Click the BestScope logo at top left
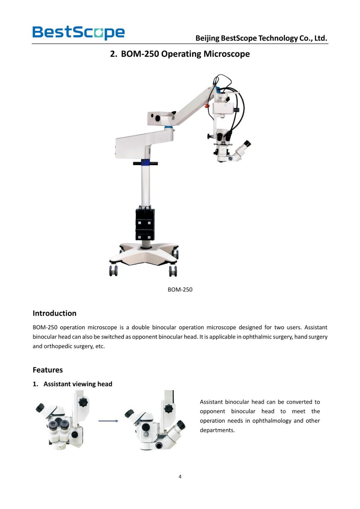78,32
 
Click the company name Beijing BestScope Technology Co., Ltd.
261,38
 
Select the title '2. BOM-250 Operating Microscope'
180,54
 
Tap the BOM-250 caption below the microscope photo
180,289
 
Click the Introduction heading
54,313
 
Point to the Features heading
48,370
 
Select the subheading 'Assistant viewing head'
78,384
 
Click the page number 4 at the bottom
180,476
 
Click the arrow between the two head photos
108,421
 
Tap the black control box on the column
145,224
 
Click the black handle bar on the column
145,163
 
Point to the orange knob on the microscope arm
207,105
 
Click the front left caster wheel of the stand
114,271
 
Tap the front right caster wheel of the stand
173,271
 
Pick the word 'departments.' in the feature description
217,430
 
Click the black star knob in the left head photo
83,402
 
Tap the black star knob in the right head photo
169,408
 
